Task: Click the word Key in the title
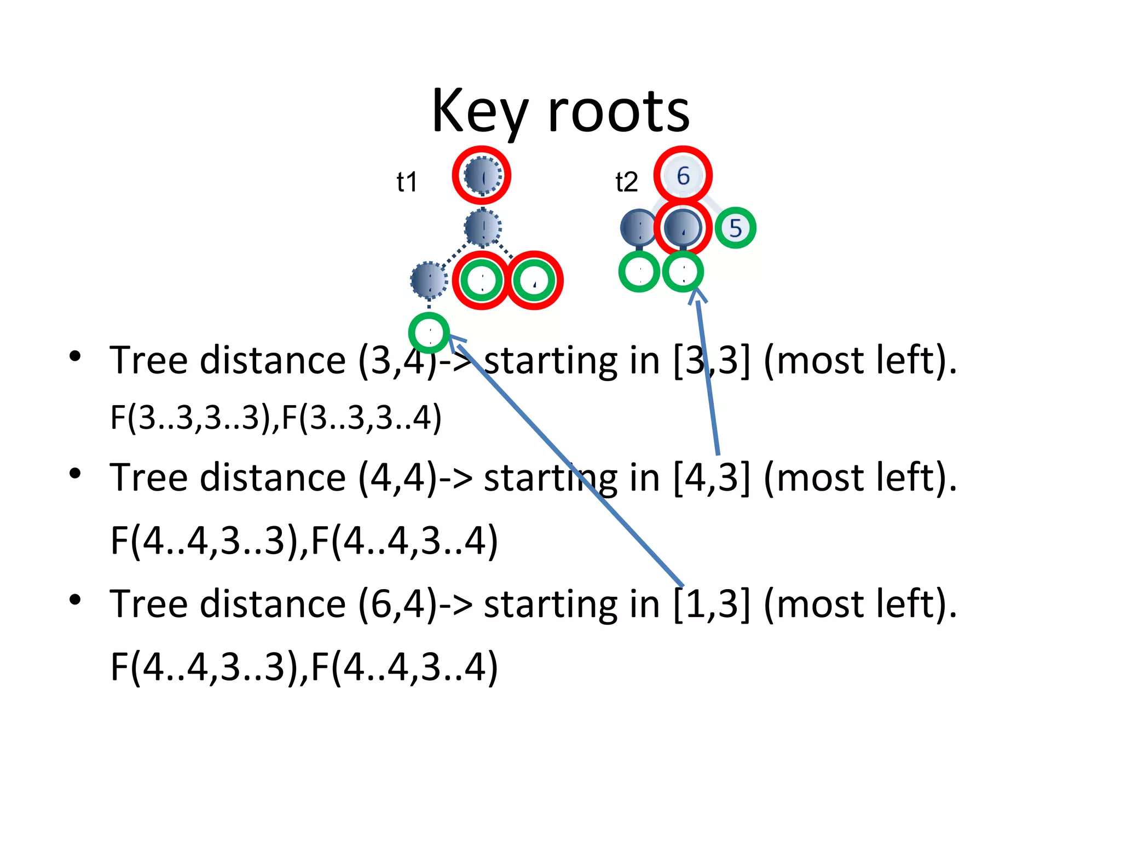[479, 112]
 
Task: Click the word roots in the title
[619, 112]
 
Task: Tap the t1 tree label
[407, 182]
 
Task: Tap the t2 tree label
[627, 182]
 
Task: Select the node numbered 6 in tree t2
[683, 176]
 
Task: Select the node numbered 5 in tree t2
[735, 228]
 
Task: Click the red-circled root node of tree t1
[482, 176]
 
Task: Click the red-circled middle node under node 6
[683, 228]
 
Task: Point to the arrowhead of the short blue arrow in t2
[696, 293]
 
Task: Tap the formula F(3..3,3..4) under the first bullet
[362, 417]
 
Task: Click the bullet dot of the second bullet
[75, 473]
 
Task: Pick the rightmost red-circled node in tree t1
[534, 280]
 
